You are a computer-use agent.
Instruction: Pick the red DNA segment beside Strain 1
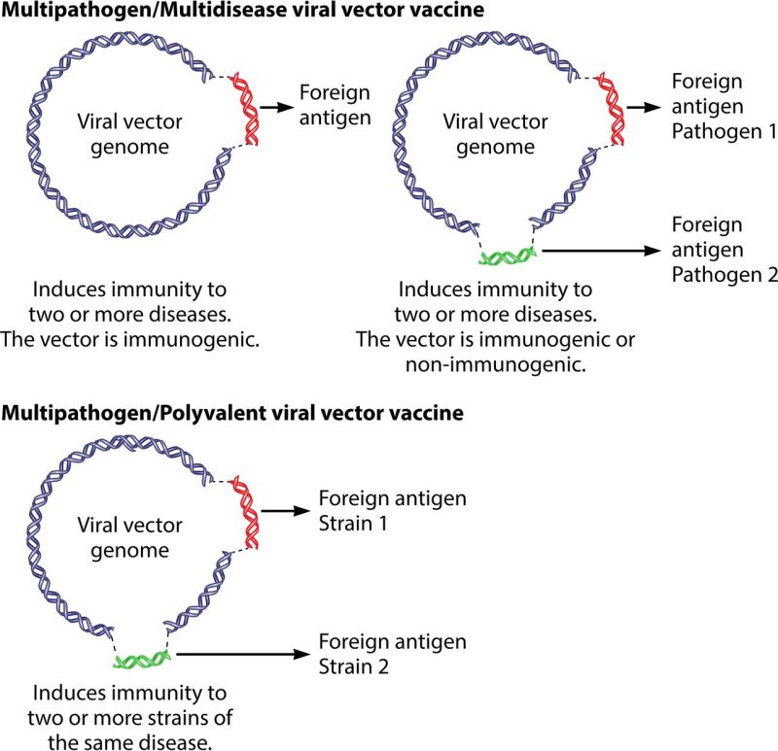242,510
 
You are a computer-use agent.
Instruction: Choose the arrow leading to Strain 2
243,655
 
